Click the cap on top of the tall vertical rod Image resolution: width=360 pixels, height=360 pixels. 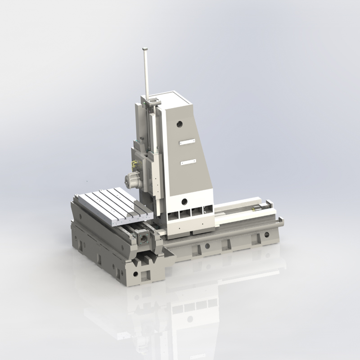click(x=145, y=49)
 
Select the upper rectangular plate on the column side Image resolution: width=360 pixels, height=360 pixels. click(x=188, y=142)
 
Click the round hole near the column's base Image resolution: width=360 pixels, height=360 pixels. click(x=184, y=201)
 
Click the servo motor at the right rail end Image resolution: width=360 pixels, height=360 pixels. click(x=258, y=208)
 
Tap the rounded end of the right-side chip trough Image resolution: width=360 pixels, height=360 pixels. click(x=281, y=220)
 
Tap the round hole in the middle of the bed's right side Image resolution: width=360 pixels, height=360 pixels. click(x=207, y=246)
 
